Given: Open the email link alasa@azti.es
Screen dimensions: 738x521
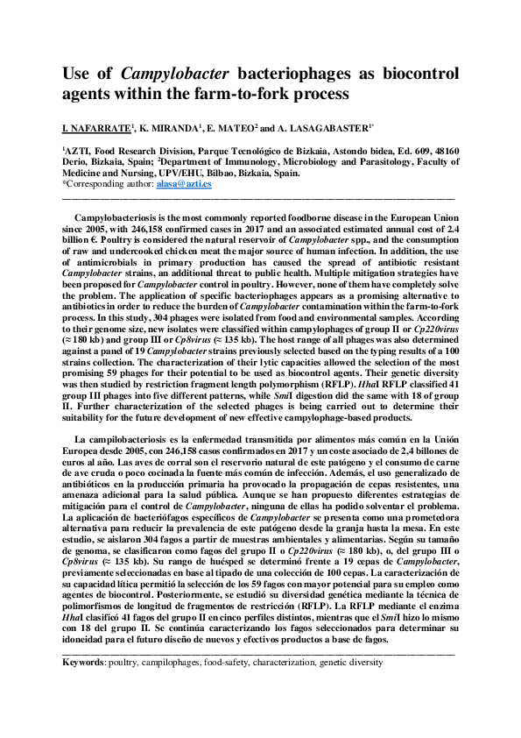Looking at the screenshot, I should (x=180, y=184).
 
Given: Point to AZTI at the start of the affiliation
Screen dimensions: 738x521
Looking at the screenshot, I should (x=80, y=151).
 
